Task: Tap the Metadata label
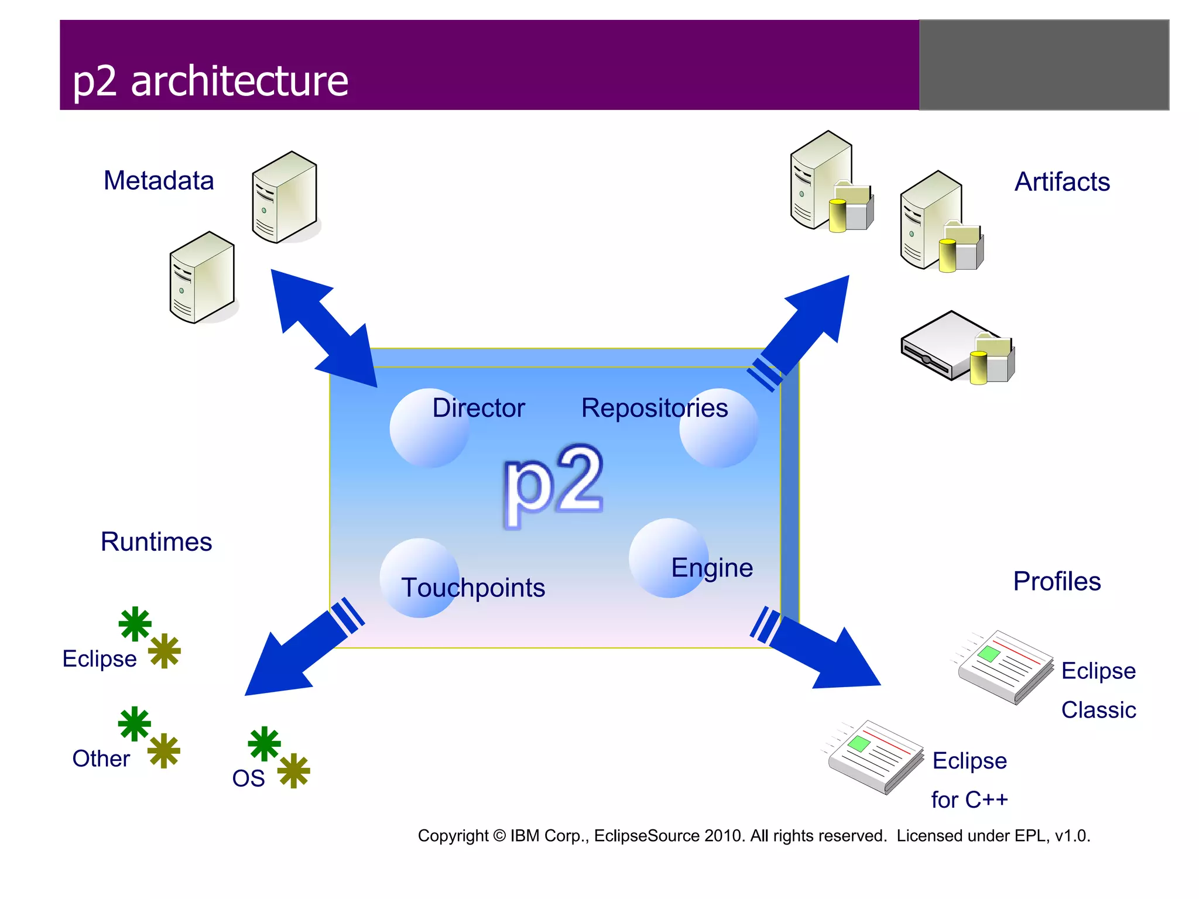pyautogui.click(x=159, y=180)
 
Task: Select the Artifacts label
pyautogui.click(x=1061, y=181)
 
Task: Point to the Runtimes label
pyautogui.click(x=156, y=541)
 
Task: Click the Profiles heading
pyautogui.click(x=1057, y=581)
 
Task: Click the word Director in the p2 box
pyautogui.click(x=478, y=408)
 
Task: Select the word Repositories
pyautogui.click(x=654, y=408)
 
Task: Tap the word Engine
pyautogui.click(x=711, y=568)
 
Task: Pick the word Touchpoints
pyautogui.click(x=473, y=588)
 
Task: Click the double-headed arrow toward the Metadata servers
pyautogui.click(x=324, y=328)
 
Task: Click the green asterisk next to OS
pyautogui.click(x=264, y=743)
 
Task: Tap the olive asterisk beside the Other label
pyautogui.click(x=163, y=750)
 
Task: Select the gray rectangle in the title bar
pyautogui.click(x=1044, y=65)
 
